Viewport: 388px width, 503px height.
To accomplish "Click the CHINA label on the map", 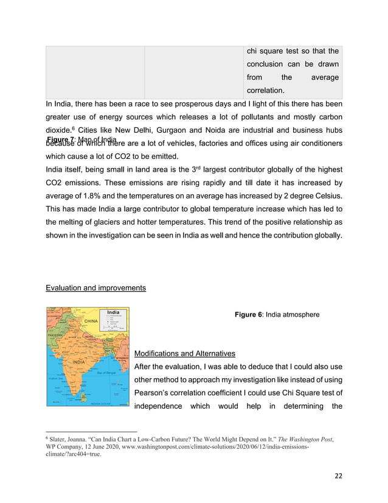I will tap(91, 321).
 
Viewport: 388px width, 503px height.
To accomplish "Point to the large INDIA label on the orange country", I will tap(78, 362).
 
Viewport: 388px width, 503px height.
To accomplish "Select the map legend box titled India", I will tap(114, 319).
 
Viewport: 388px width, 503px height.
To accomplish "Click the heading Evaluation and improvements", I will tap(95, 287).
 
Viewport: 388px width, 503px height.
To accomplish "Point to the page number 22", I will tap(338, 475).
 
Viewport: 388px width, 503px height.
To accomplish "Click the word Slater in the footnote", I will tap(58, 438).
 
